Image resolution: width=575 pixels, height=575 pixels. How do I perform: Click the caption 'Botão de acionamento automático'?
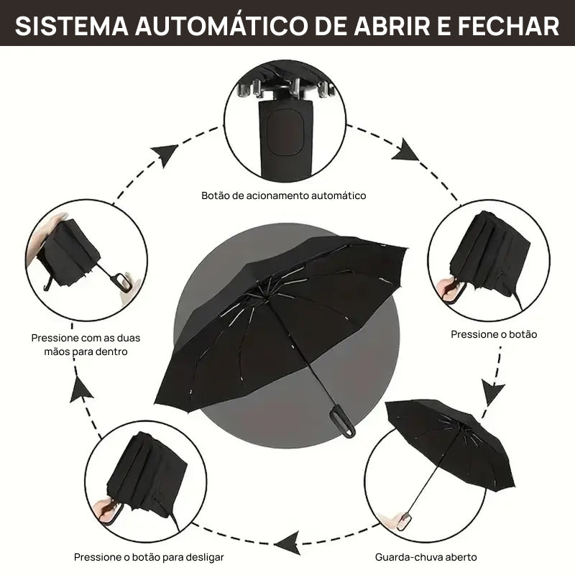click(284, 195)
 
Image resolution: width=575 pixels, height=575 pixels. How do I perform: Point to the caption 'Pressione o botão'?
click(494, 334)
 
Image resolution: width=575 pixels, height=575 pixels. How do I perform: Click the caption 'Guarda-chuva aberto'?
click(425, 557)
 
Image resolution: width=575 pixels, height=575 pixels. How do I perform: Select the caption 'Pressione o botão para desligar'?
click(149, 557)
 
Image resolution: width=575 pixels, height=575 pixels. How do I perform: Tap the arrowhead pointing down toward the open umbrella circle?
click(492, 393)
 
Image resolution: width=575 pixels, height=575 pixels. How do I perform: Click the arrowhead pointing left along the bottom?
click(288, 541)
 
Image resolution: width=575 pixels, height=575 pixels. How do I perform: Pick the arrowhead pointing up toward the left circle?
click(83, 389)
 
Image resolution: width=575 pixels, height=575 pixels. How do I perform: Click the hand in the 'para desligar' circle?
click(108, 510)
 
